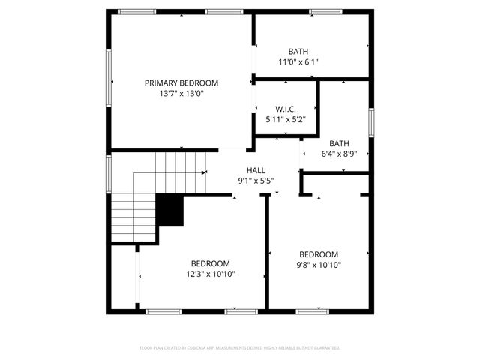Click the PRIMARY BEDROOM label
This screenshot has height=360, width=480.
click(x=181, y=82)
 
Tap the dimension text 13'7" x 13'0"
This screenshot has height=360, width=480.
click(x=181, y=94)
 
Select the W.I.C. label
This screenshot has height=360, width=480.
click(x=286, y=108)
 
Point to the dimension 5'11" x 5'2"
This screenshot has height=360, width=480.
click(x=286, y=119)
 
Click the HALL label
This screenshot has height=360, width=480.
click(x=256, y=169)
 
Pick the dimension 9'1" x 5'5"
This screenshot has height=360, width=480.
click(x=256, y=181)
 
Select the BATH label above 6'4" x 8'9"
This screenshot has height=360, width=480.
click(x=339, y=143)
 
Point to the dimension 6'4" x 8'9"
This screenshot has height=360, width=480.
click(x=339, y=154)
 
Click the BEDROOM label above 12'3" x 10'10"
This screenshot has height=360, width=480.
click(x=210, y=263)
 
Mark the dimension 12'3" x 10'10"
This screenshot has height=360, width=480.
click(x=210, y=274)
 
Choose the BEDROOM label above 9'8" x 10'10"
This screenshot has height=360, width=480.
click(x=319, y=254)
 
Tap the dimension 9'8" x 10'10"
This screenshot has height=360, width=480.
click(x=319, y=265)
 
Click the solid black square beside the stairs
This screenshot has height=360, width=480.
click(x=170, y=211)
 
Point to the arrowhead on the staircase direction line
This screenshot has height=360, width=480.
click(x=204, y=172)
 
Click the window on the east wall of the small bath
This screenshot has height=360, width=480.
click(x=370, y=121)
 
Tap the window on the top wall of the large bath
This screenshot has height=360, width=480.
click(x=325, y=11)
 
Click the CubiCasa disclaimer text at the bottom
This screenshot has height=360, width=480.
click(x=240, y=348)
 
